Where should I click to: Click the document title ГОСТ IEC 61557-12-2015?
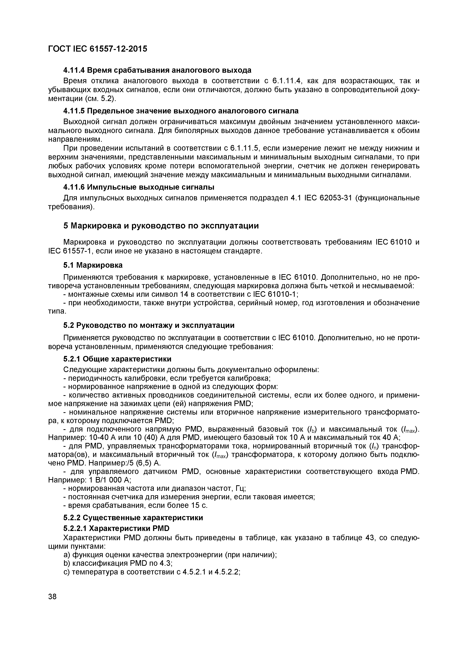(98, 49)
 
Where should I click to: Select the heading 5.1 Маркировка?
(93, 265)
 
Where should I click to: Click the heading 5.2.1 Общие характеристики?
(117, 359)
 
